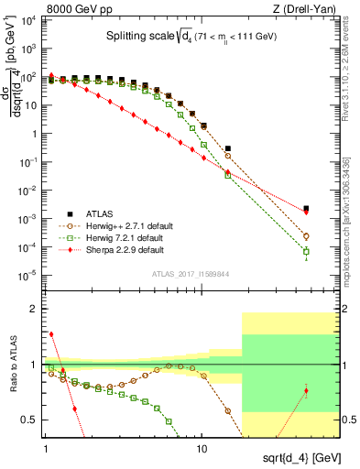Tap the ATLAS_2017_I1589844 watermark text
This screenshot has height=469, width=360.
point(191,273)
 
